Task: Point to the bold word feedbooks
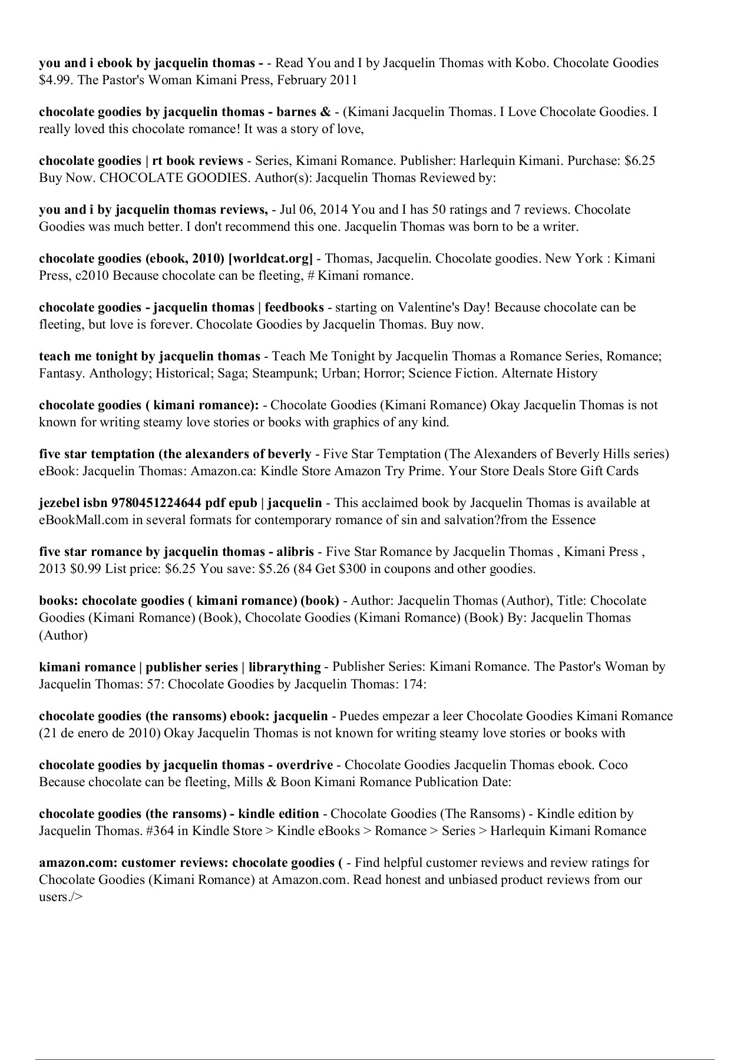click(x=294, y=307)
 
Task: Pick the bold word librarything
click(x=285, y=667)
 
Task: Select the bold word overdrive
click(x=304, y=764)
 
